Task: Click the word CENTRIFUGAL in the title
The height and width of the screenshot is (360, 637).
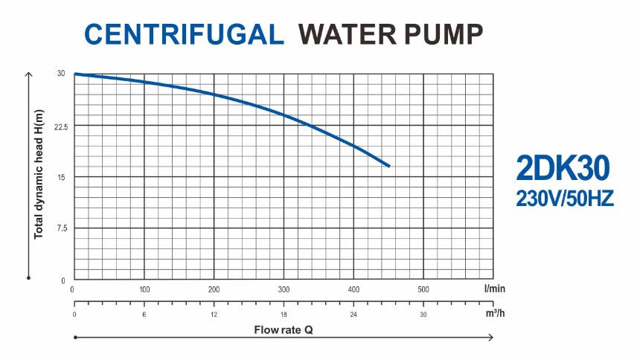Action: click(x=184, y=33)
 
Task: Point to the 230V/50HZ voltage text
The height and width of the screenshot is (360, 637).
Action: click(x=563, y=199)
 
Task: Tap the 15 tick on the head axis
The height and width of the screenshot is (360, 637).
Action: click(x=63, y=177)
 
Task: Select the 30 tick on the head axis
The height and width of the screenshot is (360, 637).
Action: click(x=62, y=74)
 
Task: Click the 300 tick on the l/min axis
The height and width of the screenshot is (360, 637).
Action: click(x=284, y=289)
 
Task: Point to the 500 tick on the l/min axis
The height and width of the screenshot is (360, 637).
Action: click(x=423, y=289)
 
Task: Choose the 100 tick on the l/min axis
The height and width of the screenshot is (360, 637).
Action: click(x=144, y=289)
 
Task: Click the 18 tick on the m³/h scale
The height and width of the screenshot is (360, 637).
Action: click(x=284, y=315)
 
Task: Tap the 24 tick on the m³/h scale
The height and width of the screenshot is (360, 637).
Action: click(x=353, y=315)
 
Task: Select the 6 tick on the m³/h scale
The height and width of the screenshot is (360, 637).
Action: click(x=144, y=315)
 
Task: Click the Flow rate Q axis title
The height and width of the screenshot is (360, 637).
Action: click(x=284, y=327)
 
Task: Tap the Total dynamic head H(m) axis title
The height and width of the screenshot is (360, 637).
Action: click(x=39, y=175)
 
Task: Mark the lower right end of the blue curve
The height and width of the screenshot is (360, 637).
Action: click(x=388, y=166)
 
